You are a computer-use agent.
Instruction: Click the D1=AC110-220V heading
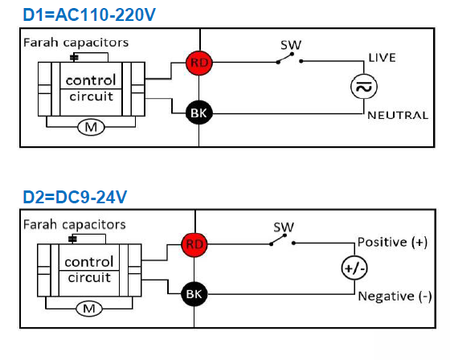89,15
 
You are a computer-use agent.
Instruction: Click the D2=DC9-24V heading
75,197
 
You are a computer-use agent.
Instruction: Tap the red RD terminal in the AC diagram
199,63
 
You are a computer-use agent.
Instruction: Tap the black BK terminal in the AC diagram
199,112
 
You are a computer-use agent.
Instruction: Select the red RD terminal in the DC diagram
194,244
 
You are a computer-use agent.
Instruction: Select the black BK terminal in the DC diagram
194,294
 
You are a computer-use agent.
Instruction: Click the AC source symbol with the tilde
363,87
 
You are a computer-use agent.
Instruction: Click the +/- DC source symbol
354,268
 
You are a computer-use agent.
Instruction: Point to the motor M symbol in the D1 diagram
91,127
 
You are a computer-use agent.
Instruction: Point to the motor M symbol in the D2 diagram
89,309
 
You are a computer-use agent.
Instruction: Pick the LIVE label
382,58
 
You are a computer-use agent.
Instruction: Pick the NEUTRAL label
398,116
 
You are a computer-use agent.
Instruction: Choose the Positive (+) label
393,242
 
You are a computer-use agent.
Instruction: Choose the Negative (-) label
395,296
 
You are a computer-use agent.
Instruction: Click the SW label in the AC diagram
291,45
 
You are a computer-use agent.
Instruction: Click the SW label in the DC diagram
284,227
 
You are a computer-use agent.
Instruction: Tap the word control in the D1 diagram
91,80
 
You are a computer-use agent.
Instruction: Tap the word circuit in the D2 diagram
89,277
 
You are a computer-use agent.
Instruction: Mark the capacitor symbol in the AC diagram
74,57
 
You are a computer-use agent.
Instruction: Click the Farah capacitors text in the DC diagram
75,224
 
